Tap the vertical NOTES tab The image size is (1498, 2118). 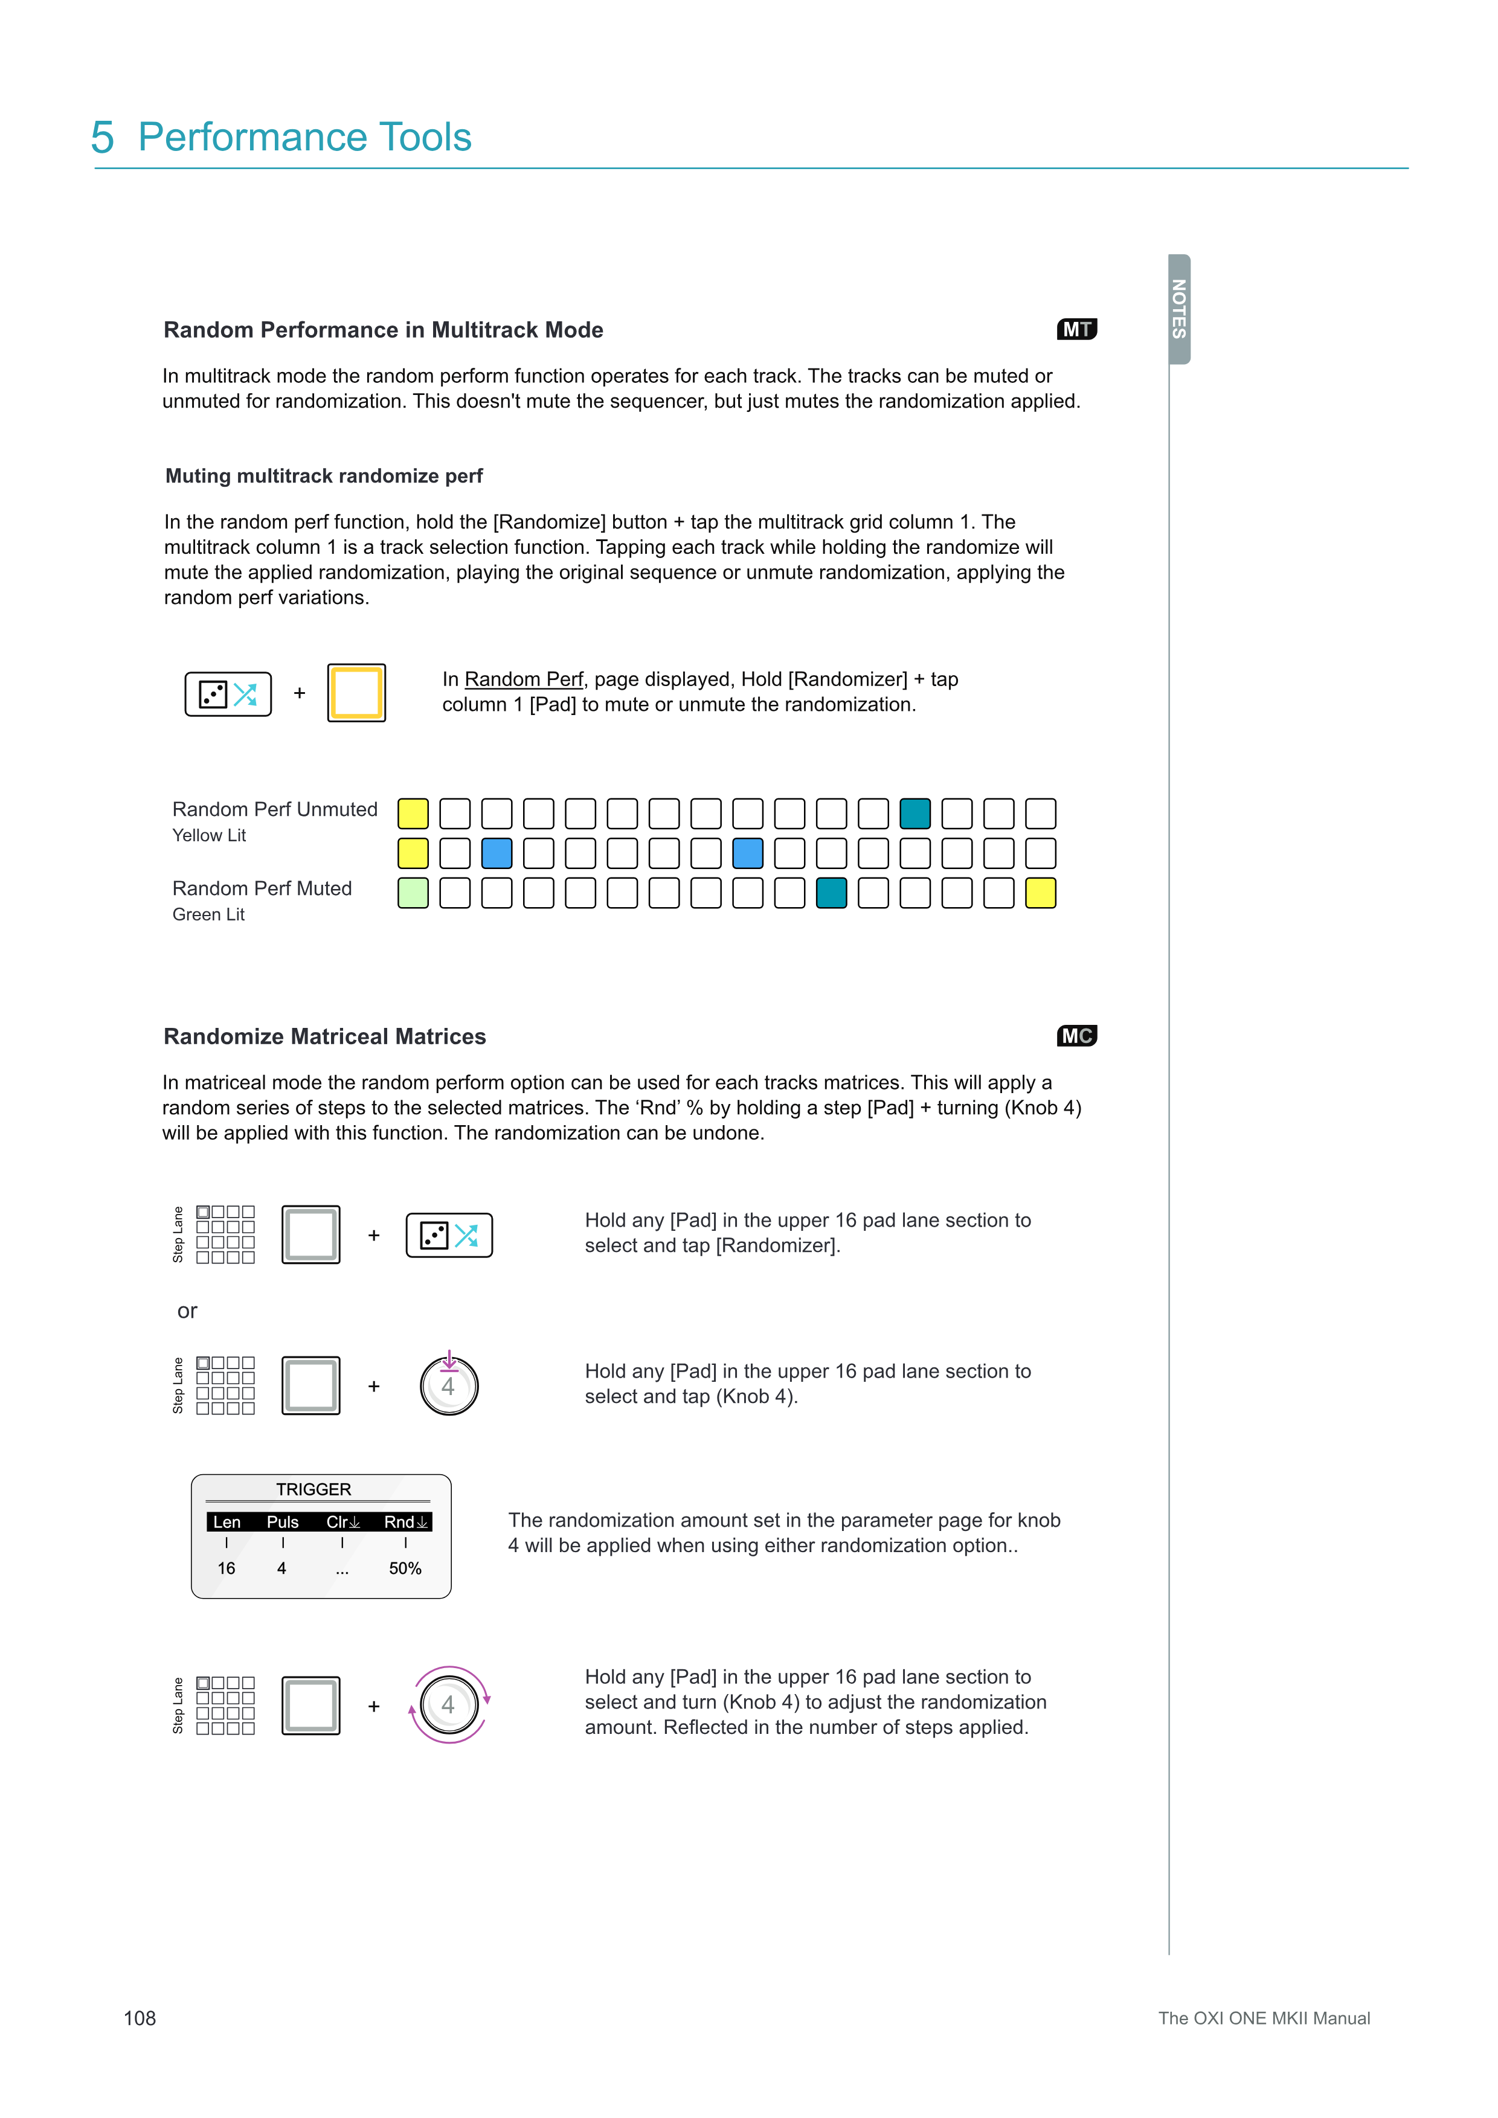(1179, 309)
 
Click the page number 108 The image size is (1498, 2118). (140, 2018)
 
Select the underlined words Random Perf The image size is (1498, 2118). (523, 680)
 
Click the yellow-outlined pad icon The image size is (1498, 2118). (356, 693)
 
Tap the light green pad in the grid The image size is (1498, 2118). (413, 893)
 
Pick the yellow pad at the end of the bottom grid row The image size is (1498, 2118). (1041, 893)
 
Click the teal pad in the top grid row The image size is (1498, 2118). (915, 814)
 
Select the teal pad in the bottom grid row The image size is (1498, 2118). (831, 893)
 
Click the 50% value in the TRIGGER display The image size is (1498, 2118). (405, 1568)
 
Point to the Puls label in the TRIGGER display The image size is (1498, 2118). (282, 1522)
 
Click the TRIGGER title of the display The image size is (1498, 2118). (313, 1489)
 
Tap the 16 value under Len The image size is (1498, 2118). (226, 1568)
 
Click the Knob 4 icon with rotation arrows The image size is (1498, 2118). (449, 1705)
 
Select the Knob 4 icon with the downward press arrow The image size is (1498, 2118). (449, 1385)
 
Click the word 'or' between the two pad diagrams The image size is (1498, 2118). (187, 1311)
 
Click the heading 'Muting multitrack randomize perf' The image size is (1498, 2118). (324, 476)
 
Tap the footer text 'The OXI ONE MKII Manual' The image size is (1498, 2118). (1264, 2018)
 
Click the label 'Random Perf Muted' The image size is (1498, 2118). (262, 888)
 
